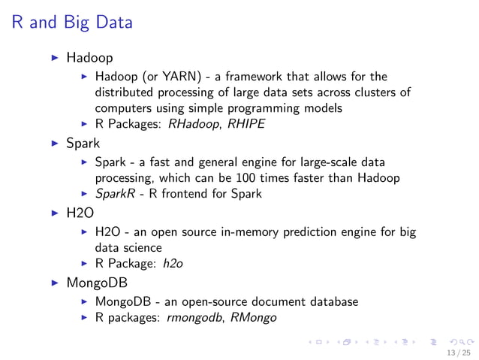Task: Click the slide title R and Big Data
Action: tap(72, 23)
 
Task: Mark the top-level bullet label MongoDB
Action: tap(96, 284)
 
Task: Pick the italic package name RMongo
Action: tap(255, 318)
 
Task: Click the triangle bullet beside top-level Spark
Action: tap(53, 142)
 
